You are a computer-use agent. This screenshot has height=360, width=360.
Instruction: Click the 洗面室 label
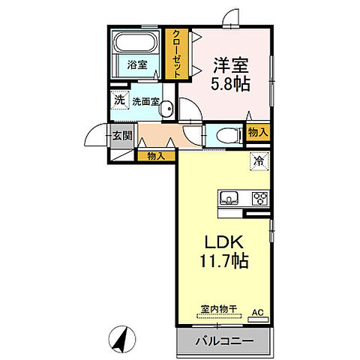(145, 100)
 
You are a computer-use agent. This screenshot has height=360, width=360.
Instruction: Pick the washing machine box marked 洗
(120, 99)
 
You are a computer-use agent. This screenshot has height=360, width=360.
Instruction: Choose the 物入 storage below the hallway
(157, 156)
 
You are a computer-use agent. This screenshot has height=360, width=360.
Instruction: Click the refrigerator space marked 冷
(257, 160)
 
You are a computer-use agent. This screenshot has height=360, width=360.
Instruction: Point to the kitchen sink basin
(229, 199)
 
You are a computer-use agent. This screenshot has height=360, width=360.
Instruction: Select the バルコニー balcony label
(225, 341)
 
